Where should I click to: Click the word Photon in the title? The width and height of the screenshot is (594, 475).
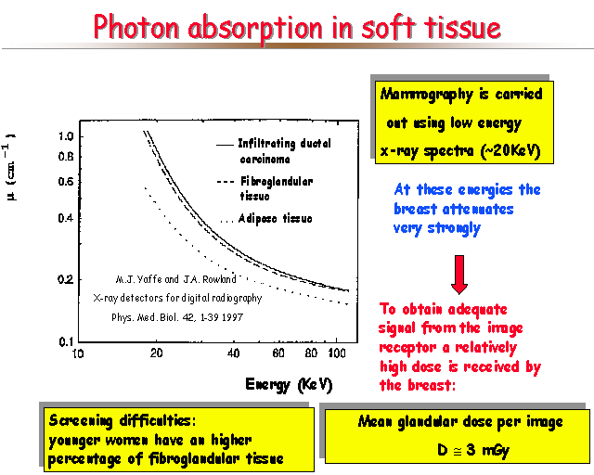[136, 27]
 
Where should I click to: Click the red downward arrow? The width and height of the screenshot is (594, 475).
[459, 275]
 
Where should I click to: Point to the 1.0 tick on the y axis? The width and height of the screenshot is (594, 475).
[66, 136]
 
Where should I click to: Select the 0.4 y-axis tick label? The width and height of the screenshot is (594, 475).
[66, 218]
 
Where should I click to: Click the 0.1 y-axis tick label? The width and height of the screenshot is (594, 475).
[67, 341]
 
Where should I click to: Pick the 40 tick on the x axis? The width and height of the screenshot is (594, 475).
[233, 353]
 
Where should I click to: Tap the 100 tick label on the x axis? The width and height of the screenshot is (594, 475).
[337, 353]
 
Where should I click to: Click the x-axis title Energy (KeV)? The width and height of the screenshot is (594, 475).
[289, 385]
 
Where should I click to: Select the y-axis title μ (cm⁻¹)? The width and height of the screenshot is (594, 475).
[10, 167]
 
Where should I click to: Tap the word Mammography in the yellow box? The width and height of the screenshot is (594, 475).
[427, 95]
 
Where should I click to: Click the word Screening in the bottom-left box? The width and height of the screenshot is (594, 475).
[81, 421]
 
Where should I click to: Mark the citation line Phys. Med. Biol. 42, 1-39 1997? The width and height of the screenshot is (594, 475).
[177, 317]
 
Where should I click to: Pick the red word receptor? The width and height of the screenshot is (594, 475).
[407, 348]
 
